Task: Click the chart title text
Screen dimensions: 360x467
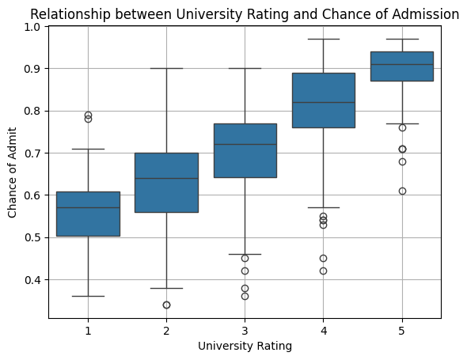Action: (x=245, y=13)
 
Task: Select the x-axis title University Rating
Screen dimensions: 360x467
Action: (x=245, y=346)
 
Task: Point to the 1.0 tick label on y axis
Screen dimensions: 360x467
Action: (x=32, y=27)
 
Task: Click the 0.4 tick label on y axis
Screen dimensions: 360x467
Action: (x=32, y=279)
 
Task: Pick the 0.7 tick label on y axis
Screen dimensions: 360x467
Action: (x=32, y=153)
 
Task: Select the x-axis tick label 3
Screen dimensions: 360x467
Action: (x=245, y=329)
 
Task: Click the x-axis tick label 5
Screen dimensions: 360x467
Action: (x=402, y=329)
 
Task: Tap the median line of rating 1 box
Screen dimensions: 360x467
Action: (x=88, y=207)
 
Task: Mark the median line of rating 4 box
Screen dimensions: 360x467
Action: (x=324, y=102)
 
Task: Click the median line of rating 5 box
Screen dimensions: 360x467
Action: (x=402, y=64)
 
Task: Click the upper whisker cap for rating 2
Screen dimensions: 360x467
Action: (x=166, y=68)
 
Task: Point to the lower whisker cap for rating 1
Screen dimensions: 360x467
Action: (x=88, y=296)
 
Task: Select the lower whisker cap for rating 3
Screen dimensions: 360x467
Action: (x=245, y=254)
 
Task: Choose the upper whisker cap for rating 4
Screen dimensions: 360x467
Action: (x=324, y=39)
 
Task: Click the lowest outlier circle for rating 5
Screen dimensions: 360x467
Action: (x=402, y=191)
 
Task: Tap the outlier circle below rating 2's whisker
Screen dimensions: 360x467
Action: (x=166, y=305)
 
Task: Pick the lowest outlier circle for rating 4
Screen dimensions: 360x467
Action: (x=324, y=271)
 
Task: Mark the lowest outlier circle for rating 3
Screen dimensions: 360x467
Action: (x=245, y=296)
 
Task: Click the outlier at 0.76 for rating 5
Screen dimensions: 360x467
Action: (x=402, y=127)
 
